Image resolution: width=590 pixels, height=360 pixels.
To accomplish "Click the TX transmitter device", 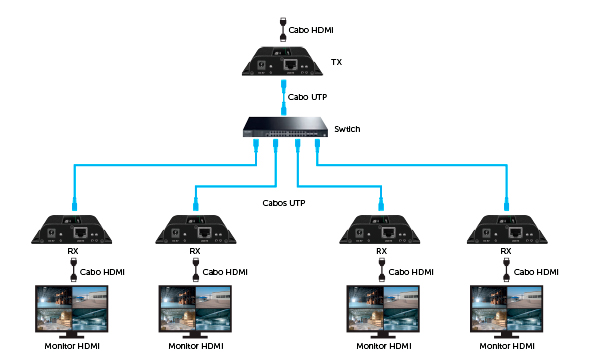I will coord(286,63).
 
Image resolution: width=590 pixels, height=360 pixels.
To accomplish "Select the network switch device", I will coord(287,128).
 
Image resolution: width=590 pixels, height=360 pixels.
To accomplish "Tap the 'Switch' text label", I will coord(347,129).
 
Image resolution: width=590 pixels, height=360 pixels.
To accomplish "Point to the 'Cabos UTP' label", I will coord(282,203).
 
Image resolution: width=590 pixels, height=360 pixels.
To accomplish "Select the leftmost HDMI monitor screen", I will coord(72,310).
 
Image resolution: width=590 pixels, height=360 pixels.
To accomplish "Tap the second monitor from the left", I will coord(196,310).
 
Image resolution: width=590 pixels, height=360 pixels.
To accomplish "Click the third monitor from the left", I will coord(382,310).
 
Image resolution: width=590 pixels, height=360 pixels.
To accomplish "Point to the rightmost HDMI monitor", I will coord(506,310).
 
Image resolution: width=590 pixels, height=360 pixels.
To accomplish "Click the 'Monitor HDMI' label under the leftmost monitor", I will coord(72,346).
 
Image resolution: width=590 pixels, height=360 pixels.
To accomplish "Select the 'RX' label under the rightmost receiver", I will coord(506,252).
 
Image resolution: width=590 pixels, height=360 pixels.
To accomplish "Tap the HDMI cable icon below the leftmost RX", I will coord(72,270).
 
